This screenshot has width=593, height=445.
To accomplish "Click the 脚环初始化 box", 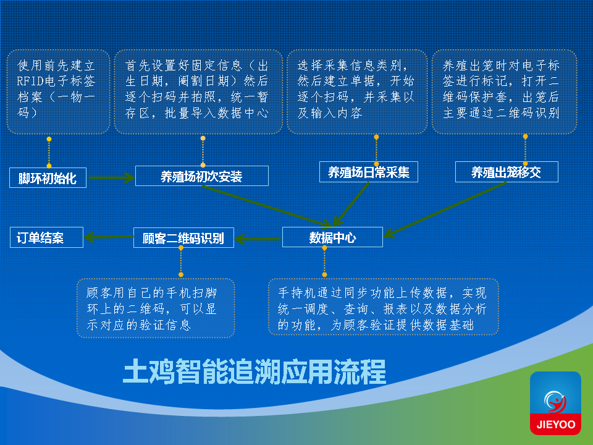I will click(48, 178).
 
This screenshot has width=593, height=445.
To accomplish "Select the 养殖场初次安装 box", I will click(201, 177).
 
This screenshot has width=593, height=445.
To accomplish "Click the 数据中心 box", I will click(332, 237).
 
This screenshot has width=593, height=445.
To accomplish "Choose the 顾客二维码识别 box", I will click(183, 238).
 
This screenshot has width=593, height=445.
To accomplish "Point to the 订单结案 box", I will click(46, 237).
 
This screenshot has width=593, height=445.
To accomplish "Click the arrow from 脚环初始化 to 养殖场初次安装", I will click(111, 178).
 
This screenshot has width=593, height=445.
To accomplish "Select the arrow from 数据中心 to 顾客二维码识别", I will click(258, 238).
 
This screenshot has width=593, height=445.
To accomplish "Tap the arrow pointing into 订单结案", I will click(109, 237).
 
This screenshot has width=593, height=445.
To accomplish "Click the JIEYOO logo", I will click(555, 403).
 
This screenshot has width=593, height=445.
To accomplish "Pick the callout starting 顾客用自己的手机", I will click(156, 308).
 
